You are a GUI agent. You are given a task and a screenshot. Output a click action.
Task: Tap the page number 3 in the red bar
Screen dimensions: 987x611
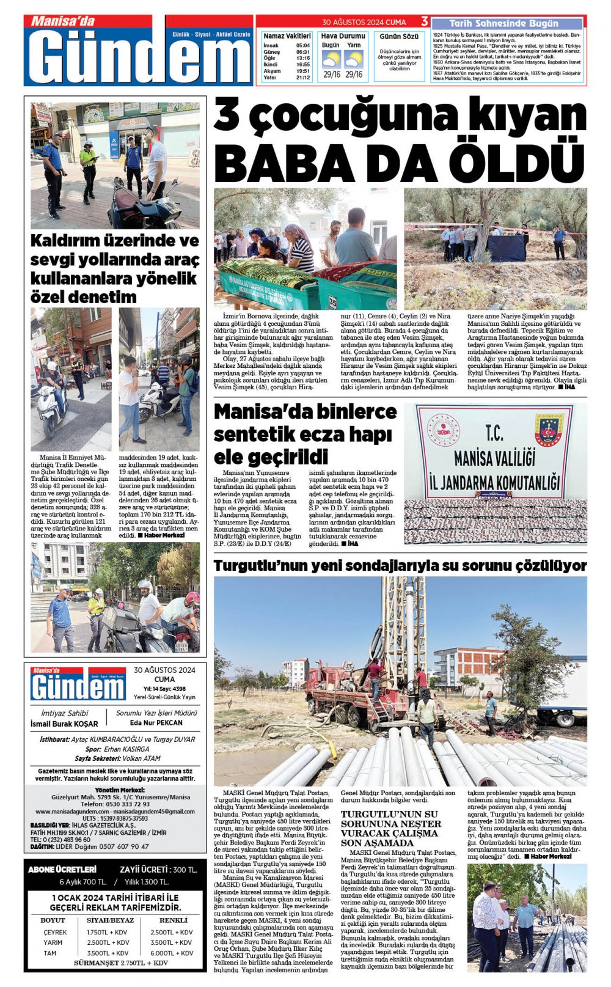point(424,22)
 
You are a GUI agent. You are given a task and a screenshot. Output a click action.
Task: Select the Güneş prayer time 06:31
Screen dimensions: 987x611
point(302,52)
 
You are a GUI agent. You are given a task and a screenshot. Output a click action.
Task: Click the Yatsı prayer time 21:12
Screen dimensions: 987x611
point(302,78)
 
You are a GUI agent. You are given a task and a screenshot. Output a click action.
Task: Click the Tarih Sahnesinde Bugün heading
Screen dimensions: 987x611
point(503,23)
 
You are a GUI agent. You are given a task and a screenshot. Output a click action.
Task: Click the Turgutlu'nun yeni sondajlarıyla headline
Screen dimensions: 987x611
point(400,565)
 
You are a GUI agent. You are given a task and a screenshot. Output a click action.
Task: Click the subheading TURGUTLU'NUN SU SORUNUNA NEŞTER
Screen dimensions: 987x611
point(390,828)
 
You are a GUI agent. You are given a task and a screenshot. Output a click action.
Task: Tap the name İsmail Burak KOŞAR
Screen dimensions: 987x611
point(64,724)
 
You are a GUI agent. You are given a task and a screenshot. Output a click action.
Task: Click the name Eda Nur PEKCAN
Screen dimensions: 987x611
point(156,722)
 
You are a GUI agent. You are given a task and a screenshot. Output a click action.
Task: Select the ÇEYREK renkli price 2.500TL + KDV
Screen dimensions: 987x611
point(172,932)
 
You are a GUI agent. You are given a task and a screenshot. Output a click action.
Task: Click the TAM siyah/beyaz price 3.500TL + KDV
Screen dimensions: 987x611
point(108,953)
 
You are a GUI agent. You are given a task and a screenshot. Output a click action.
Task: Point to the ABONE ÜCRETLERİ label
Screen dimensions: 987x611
point(62,869)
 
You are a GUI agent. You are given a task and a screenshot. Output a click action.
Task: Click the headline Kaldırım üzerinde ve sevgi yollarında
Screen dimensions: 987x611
point(115,269)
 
